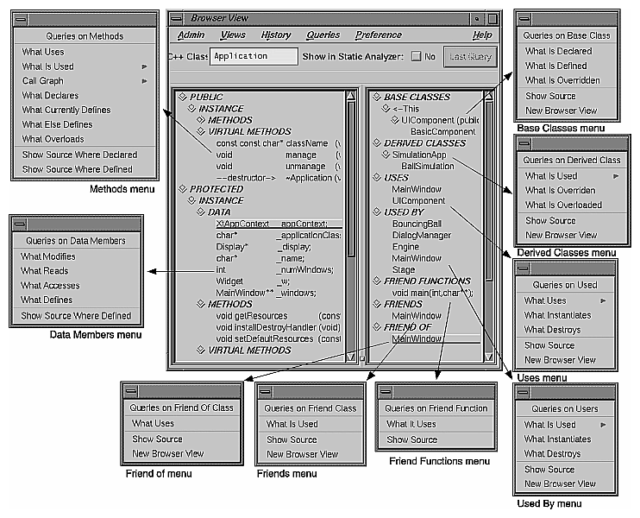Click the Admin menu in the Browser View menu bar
pyautogui.click(x=191, y=35)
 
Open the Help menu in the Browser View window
pyautogui.click(x=482, y=35)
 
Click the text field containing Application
pyautogui.click(x=253, y=56)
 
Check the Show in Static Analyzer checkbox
pyautogui.click(x=417, y=57)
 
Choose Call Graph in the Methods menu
pyautogui.click(x=43, y=81)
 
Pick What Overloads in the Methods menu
pyautogui.click(x=53, y=139)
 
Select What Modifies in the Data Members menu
pyautogui.click(x=48, y=256)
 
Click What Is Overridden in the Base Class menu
pyautogui.click(x=562, y=80)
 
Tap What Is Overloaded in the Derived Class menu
pyautogui.click(x=564, y=205)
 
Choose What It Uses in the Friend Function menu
pyautogui.click(x=411, y=424)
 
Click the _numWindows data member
pyautogui.click(x=303, y=269)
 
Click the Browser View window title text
pyautogui.click(x=221, y=18)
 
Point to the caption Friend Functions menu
pyautogui.click(x=439, y=462)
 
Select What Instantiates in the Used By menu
pyautogui.click(x=558, y=439)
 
